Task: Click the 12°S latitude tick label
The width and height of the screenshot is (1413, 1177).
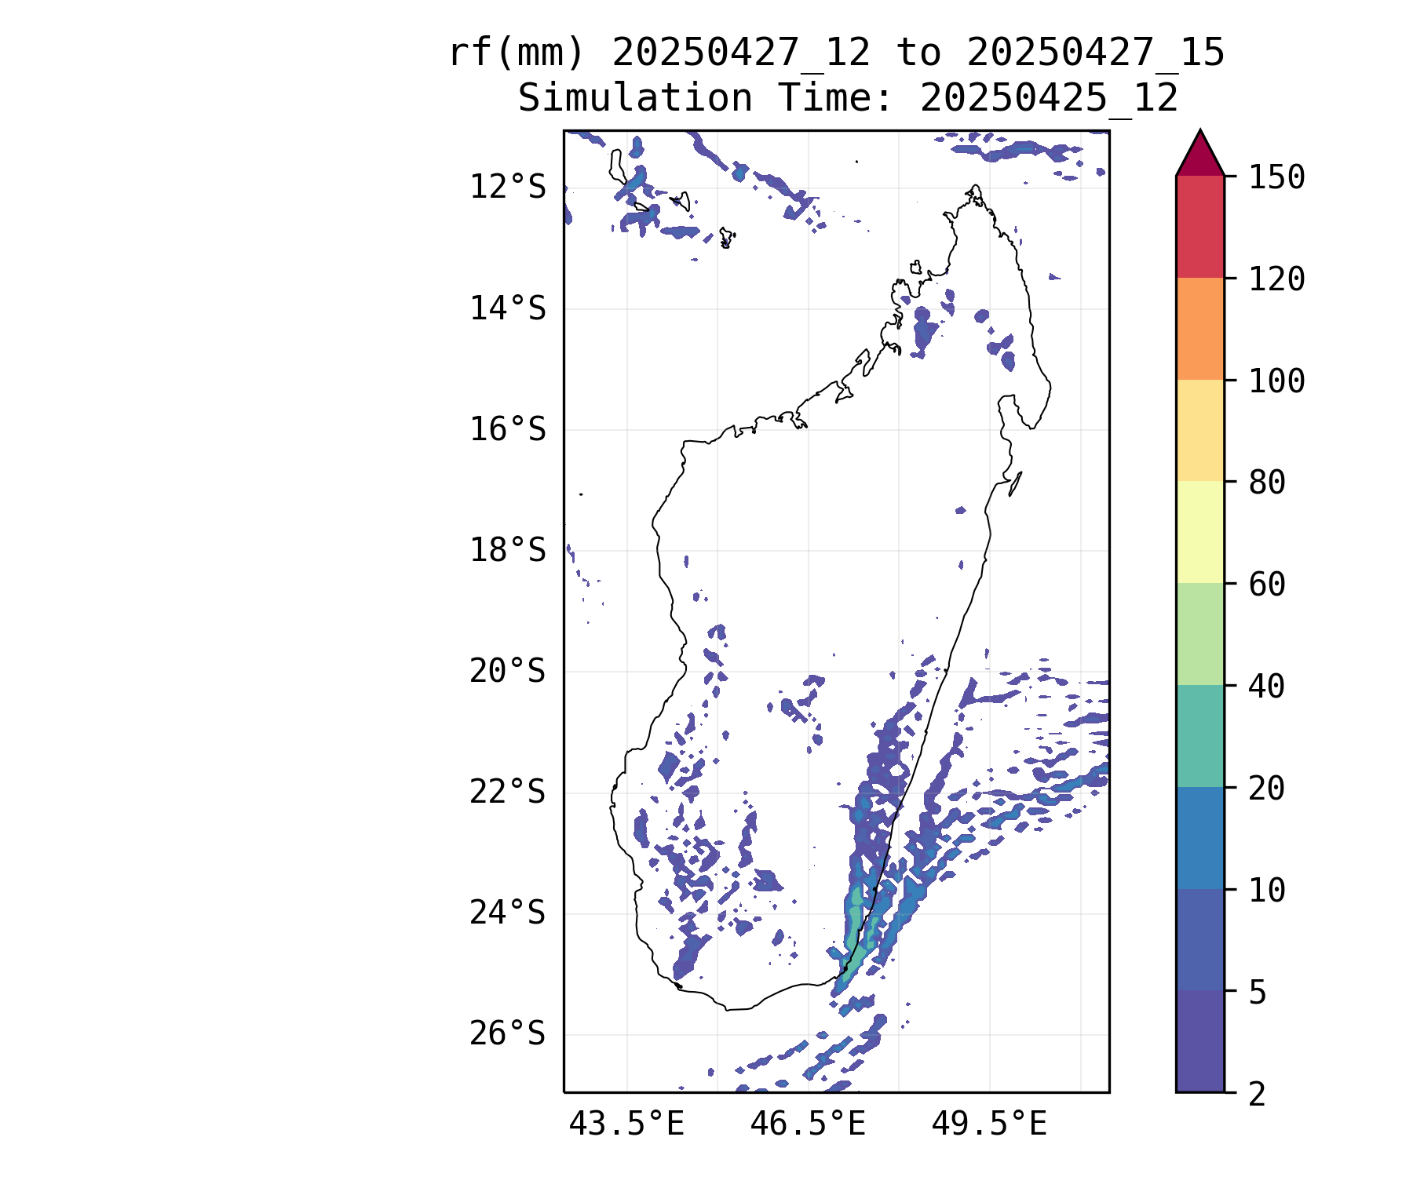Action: point(507,188)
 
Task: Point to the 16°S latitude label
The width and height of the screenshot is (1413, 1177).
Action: point(507,430)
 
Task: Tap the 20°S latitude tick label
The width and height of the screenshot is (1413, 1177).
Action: point(507,672)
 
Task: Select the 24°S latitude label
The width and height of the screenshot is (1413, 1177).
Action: point(507,913)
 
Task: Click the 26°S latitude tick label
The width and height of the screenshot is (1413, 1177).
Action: point(507,1034)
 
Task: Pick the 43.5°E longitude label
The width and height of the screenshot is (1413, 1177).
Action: point(626,1124)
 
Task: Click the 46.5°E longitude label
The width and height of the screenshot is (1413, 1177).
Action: point(808,1124)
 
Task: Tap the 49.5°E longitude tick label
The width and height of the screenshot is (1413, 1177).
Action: point(989,1124)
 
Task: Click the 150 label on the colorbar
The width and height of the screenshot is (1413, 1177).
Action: point(1276,177)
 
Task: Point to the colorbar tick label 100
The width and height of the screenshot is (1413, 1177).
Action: point(1276,381)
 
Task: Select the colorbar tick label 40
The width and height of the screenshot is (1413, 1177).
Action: point(1267,687)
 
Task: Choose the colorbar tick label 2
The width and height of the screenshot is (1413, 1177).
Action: point(1258,1094)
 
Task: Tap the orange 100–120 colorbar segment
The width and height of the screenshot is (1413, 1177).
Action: point(1200,329)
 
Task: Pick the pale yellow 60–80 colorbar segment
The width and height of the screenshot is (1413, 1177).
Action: point(1200,532)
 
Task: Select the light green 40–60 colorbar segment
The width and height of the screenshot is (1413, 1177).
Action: point(1200,634)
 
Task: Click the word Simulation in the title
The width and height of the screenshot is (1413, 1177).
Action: point(635,99)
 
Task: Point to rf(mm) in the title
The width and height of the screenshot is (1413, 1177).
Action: point(517,53)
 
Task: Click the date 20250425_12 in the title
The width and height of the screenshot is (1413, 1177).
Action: point(1049,99)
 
